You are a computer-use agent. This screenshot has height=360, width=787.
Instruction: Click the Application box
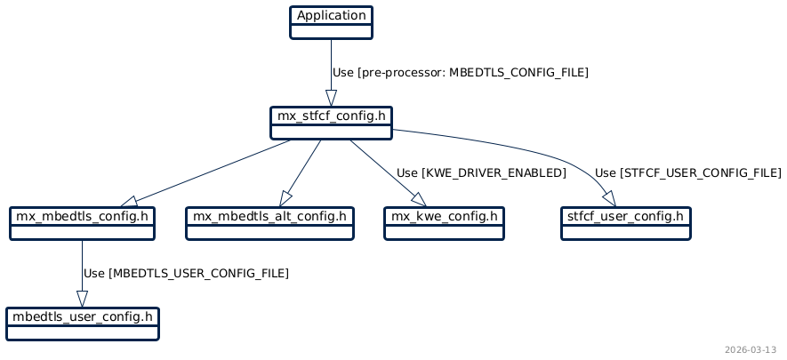pyautogui.click(x=331, y=22)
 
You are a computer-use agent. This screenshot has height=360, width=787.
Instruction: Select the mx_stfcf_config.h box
pyautogui.click(x=332, y=123)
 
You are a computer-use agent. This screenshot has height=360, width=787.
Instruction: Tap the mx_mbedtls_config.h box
pyautogui.click(x=82, y=223)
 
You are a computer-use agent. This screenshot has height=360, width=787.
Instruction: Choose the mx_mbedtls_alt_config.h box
pyautogui.click(x=269, y=223)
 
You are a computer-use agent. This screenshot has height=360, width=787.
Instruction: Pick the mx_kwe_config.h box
pyautogui.click(x=445, y=223)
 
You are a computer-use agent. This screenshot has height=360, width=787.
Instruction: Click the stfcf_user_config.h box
pyautogui.click(x=626, y=223)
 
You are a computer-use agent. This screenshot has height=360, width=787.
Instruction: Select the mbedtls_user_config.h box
pyautogui.click(x=82, y=324)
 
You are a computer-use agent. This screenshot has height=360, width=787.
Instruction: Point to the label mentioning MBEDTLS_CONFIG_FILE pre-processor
pyautogui.click(x=460, y=72)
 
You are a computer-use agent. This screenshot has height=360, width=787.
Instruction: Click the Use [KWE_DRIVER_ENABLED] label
pyautogui.click(x=481, y=172)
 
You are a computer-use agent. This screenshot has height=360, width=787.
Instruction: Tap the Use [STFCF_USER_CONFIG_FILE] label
pyautogui.click(x=687, y=172)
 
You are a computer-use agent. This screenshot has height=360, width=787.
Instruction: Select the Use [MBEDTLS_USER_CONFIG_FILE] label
pyautogui.click(x=186, y=273)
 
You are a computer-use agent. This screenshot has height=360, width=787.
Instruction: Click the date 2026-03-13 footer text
pyautogui.click(x=751, y=349)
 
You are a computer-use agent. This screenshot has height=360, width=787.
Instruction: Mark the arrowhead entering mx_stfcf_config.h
pyautogui.click(x=331, y=99)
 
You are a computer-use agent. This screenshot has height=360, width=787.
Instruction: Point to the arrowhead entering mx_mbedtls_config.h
pyautogui.click(x=128, y=202)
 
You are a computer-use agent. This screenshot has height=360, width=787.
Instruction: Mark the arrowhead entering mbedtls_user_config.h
pyautogui.click(x=82, y=300)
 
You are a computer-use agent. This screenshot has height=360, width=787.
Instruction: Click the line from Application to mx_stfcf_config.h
pyautogui.click(x=331, y=62)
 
